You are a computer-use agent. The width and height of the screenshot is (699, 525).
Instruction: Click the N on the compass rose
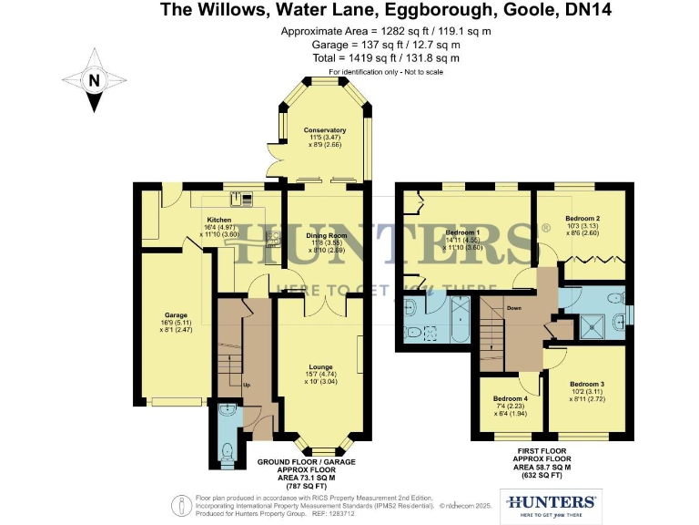point(94,80)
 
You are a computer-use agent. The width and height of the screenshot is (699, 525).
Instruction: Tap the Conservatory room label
point(325,130)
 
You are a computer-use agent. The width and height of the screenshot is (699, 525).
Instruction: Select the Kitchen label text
point(218,220)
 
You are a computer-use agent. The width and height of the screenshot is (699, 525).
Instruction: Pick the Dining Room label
point(325,235)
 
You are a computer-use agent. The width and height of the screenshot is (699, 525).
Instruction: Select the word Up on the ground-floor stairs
point(246,384)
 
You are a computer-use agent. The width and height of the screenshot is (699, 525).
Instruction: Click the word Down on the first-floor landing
point(514,306)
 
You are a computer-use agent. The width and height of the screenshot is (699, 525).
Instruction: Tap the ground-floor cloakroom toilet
point(227,450)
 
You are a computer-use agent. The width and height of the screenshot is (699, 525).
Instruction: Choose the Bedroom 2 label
point(582,219)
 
